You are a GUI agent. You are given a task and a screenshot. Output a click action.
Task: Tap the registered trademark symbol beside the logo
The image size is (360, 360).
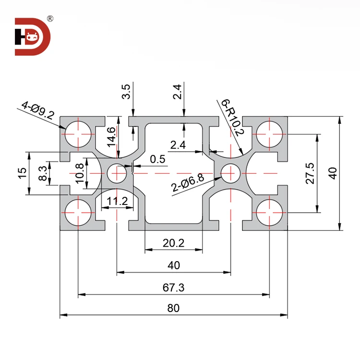tap(50, 19)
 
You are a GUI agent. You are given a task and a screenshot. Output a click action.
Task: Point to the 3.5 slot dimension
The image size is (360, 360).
tap(126, 91)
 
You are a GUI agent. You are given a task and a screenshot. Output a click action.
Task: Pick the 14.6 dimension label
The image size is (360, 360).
tap(111, 136)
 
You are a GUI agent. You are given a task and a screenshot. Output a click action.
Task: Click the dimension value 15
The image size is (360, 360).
tap(22, 173)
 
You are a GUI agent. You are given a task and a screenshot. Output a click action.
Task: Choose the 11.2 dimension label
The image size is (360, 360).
tap(117, 201)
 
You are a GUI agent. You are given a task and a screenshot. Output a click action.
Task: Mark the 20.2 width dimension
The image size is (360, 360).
tap(173, 243)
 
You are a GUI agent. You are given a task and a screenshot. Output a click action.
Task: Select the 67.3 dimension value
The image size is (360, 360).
tap(173, 287)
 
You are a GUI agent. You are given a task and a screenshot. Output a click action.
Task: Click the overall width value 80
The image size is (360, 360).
tap(173, 308)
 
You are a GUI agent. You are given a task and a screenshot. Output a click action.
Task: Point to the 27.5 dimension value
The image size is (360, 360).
tap(310, 173)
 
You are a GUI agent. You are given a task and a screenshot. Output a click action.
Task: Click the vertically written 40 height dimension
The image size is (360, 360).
tap(333, 173)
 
